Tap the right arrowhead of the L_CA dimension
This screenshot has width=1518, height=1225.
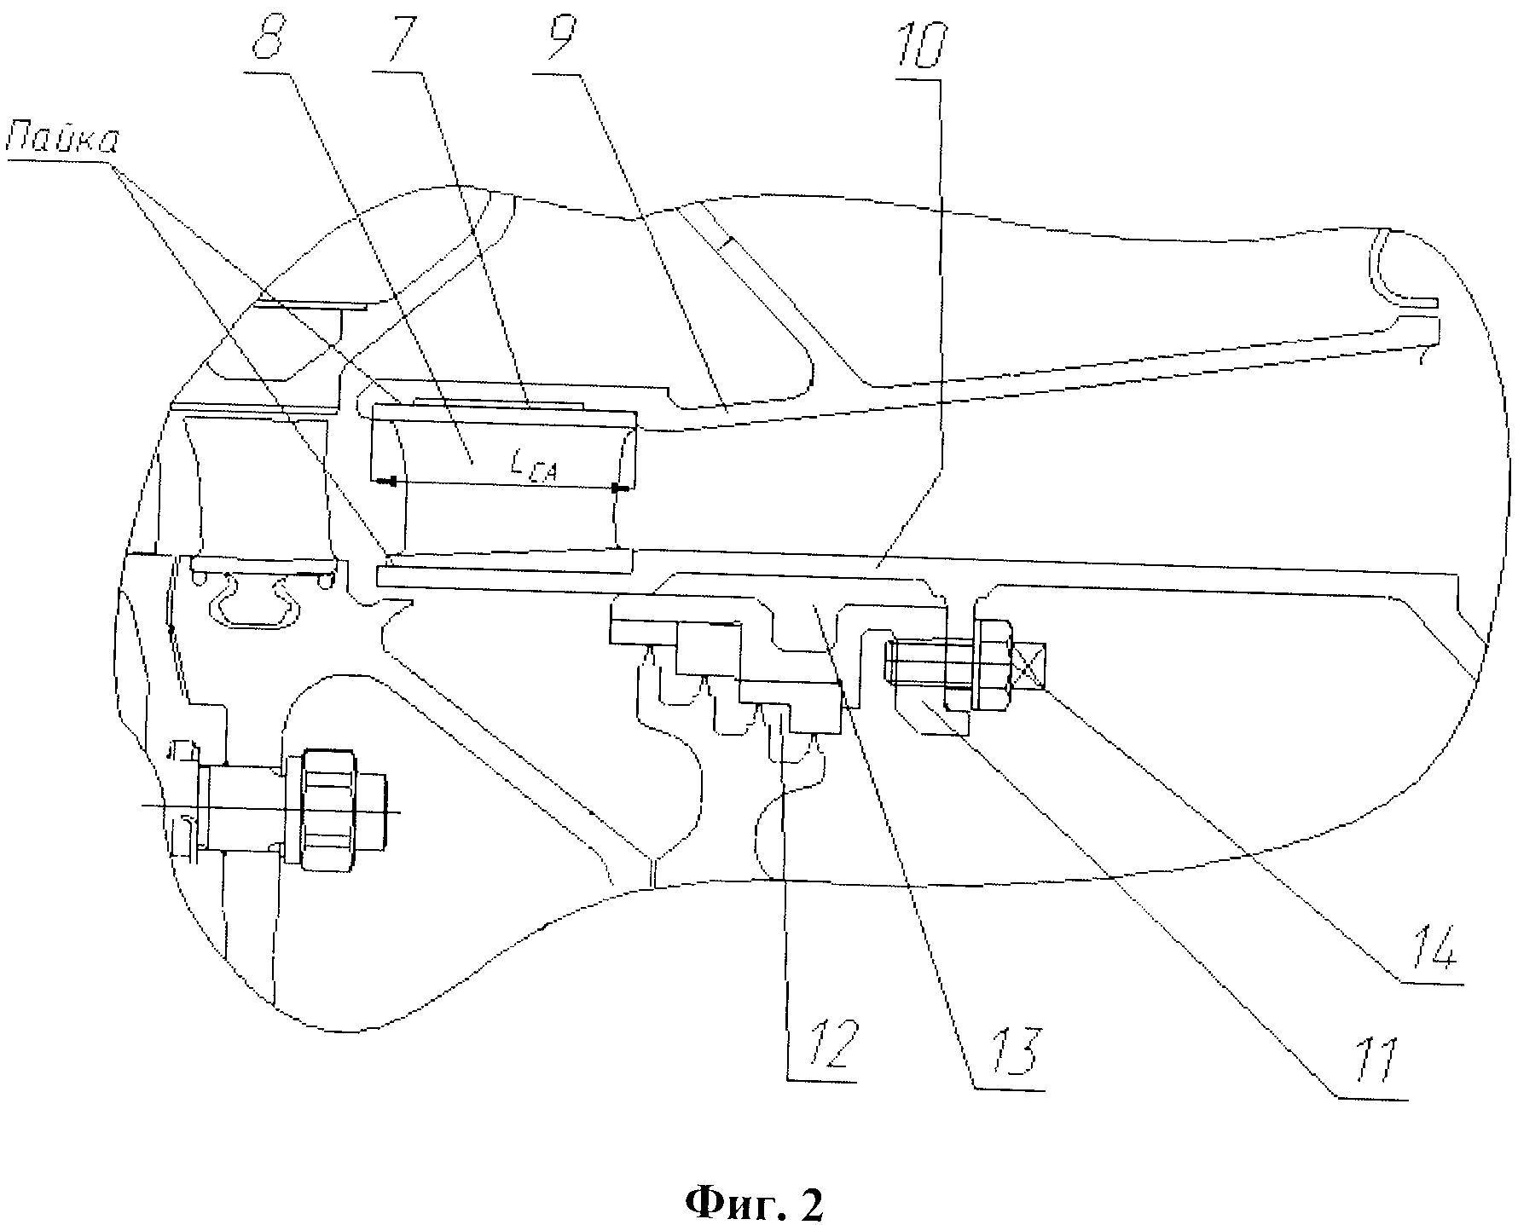(x=620, y=488)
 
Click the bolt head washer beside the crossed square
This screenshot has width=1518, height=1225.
(x=993, y=665)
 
